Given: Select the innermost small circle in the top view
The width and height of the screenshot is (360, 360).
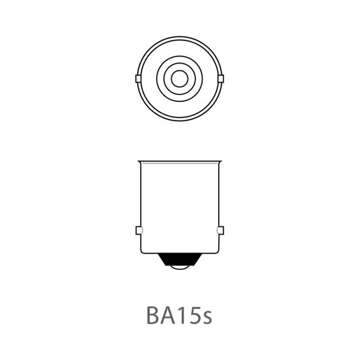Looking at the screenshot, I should [x=179, y=79].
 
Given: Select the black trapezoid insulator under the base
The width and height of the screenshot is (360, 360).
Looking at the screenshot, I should [x=179, y=259].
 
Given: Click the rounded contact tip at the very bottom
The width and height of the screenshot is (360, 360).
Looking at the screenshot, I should [x=179, y=268].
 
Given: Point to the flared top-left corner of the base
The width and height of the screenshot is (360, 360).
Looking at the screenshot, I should [x=139, y=162].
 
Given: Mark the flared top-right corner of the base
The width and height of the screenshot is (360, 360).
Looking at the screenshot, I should [x=220, y=162].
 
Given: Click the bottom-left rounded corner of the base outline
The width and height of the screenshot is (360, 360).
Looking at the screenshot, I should [x=142, y=252].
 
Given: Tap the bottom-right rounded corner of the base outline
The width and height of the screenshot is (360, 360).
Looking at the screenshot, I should [x=217, y=252].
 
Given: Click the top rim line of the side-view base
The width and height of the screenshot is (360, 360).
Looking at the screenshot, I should [x=179, y=162].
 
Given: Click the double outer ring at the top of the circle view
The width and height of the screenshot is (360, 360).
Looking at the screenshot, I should [x=179, y=38].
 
